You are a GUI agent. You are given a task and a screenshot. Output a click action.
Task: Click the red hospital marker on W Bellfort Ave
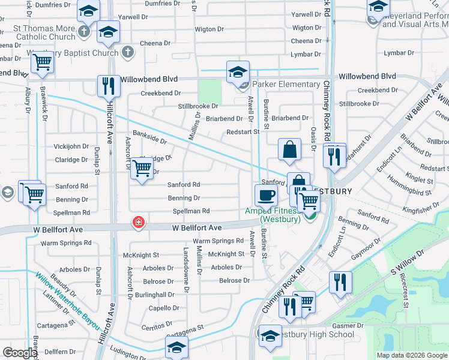(x=139, y=224)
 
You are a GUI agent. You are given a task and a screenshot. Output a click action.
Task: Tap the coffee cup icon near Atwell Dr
(x=266, y=195)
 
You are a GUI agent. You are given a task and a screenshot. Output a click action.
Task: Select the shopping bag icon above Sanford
(x=290, y=151)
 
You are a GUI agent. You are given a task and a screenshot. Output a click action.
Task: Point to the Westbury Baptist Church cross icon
(x=127, y=52)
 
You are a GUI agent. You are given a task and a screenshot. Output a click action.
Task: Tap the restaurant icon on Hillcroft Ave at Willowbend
(x=109, y=86)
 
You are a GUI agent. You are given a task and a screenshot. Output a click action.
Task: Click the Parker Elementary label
(x=286, y=85)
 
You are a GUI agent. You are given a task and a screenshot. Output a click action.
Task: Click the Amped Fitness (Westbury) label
(x=273, y=215)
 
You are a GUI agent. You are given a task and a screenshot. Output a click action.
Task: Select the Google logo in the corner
(x=20, y=353)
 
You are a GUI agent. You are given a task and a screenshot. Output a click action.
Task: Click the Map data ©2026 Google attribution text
(x=412, y=355)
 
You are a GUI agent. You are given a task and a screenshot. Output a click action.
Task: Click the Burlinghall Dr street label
(x=154, y=295)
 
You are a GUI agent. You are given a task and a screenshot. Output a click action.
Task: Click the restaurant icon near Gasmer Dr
(x=340, y=281)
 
